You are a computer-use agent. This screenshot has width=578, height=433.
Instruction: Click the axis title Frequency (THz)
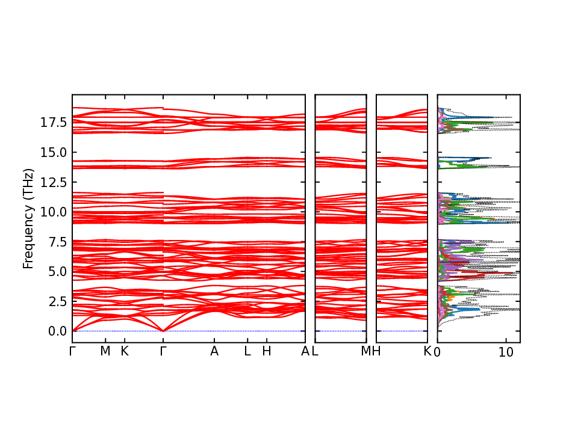[28, 218]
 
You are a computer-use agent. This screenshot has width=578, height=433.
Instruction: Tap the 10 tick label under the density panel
[506, 353]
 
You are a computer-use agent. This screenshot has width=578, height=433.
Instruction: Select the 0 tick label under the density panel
[437, 353]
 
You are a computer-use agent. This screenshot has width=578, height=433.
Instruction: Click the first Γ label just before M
[72, 352]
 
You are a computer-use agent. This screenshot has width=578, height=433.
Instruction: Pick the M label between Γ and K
[105, 352]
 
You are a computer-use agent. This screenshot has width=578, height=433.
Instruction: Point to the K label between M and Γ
[125, 352]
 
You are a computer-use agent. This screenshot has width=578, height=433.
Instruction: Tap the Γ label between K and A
[163, 352]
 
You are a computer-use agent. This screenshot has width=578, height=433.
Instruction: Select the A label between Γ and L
[214, 352]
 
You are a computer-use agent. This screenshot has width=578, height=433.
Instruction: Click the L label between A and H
[247, 352]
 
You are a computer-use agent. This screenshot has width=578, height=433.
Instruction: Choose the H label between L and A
[267, 352]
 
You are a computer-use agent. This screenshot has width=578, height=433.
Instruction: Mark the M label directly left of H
[365, 352]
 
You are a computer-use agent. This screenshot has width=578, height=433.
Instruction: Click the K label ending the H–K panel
[427, 352]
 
